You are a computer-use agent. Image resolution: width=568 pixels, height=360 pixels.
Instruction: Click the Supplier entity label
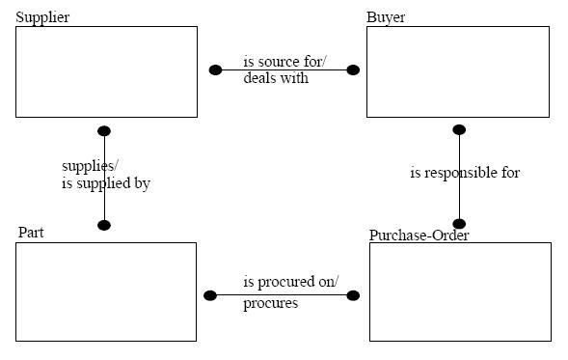point(42,18)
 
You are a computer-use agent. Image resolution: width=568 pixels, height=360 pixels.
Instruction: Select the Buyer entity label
point(386,18)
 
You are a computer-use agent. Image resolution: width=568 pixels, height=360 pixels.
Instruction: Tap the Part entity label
point(31,233)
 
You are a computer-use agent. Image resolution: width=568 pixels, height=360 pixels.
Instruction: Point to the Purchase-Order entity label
point(419,235)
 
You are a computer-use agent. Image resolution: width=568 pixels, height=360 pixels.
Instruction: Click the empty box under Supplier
point(106,71)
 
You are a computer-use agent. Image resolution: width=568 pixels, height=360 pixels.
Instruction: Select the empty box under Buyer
point(457,71)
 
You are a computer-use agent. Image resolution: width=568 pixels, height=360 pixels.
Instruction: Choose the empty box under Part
point(106,291)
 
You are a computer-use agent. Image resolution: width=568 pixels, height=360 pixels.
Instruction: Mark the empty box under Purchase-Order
point(460,291)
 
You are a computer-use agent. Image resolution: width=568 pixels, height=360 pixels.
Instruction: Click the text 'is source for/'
point(284,62)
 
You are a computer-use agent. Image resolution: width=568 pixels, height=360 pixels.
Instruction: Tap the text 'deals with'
point(276,78)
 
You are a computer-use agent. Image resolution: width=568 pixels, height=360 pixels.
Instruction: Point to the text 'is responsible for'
point(465,173)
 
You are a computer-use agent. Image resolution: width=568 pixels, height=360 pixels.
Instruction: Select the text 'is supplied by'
point(106,182)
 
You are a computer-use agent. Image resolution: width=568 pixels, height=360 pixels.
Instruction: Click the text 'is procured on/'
point(290,282)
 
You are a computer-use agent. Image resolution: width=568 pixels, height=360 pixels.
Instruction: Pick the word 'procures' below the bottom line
point(270,303)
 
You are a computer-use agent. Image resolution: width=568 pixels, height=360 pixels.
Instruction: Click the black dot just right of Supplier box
point(215,69)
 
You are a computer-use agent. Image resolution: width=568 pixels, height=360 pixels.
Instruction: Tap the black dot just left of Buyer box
point(353,69)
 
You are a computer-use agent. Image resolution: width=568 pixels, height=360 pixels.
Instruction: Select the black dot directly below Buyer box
point(459,129)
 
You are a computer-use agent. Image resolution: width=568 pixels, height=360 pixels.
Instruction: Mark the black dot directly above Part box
point(104,225)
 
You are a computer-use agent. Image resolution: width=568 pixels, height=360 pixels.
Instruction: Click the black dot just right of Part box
point(210,295)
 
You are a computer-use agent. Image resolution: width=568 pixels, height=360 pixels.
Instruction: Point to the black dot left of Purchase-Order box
point(353,295)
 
